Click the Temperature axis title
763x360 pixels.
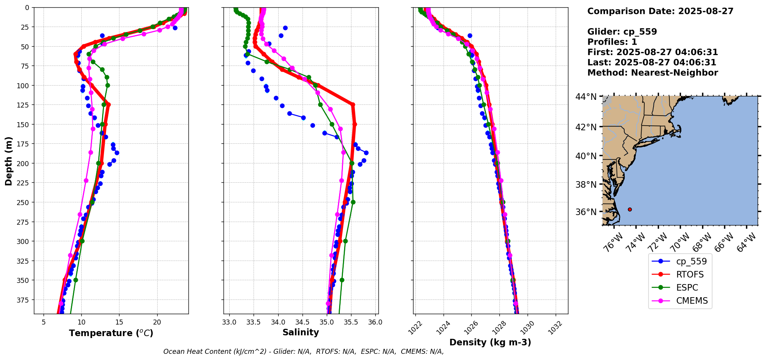pyautogui.click(x=111, y=333)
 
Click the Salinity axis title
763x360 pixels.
pyautogui.click(x=301, y=332)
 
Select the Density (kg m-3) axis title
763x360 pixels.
pyautogui.click(x=490, y=342)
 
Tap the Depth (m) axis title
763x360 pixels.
pyautogui.click(x=8, y=161)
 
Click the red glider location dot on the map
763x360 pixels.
pyautogui.click(x=630, y=209)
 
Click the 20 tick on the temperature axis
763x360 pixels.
pyautogui.click(x=157, y=322)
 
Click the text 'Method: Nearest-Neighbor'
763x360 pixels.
pyautogui.click(x=652, y=73)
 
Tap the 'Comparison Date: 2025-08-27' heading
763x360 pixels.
pyautogui.click(x=660, y=11)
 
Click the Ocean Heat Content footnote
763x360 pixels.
pyautogui.click(x=303, y=352)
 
